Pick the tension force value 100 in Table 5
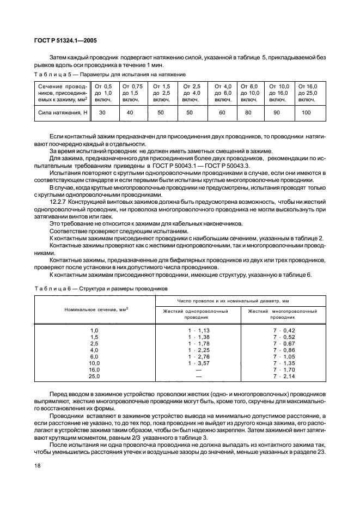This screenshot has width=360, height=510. [x=306, y=112]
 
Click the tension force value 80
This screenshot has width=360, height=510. [x=249, y=112]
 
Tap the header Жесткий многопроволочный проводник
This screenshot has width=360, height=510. [x=283, y=314]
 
